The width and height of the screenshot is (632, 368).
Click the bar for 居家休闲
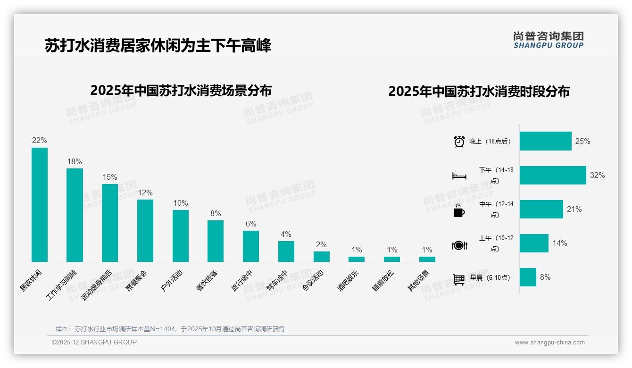pos(40,205)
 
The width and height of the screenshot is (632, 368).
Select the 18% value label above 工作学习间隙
pos(75,161)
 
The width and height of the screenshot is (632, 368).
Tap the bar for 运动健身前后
pos(110,223)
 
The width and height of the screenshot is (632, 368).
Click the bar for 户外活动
pos(181,236)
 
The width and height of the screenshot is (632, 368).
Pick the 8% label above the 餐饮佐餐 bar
pos(216,213)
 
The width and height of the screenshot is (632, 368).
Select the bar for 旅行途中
pos(251,246)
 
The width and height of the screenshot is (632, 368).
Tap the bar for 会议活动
pos(322,257)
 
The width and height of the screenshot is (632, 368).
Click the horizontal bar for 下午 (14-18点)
pos(553,175)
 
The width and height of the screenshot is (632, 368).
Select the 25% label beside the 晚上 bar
pos(583,141)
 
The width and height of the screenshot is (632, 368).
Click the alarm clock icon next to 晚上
pos(459,142)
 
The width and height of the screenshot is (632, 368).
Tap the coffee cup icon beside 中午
pos(459,211)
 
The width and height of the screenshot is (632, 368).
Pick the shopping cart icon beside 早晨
pos(459,279)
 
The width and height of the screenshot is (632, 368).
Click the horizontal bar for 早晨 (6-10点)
pos(528,277)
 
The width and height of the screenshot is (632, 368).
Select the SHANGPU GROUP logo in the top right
pos(549,40)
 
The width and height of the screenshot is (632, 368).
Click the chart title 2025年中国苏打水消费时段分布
pos(479,91)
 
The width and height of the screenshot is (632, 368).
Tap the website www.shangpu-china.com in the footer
pos(549,343)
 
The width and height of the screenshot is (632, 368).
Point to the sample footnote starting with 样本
pos(170,329)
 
